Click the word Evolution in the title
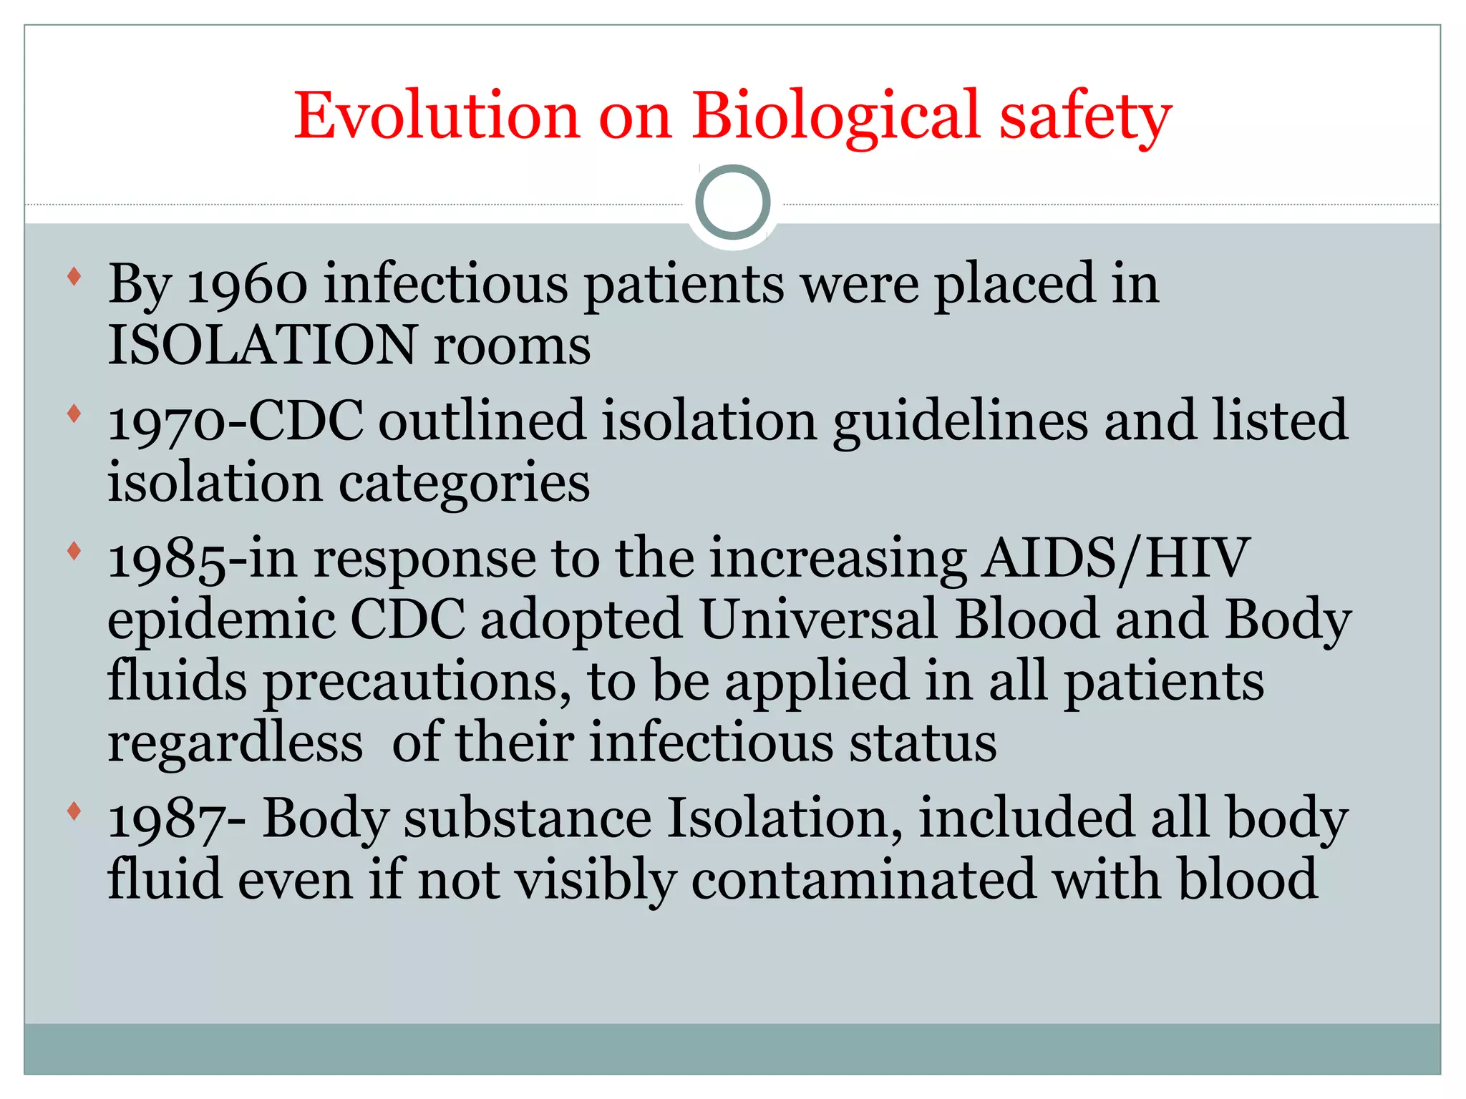click(436, 116)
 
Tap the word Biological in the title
click(835, 116)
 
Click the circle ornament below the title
click(732, 202)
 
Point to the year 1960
click(247, 285)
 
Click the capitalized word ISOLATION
click(262, 345)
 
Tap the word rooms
click(512, 346)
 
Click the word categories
click(464, 484)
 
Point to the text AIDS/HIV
click(1115, 558)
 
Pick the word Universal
click(818, 620)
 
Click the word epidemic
click(221, 620)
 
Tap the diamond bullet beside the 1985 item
click(74, 551)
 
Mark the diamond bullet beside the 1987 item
click(74, 811)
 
